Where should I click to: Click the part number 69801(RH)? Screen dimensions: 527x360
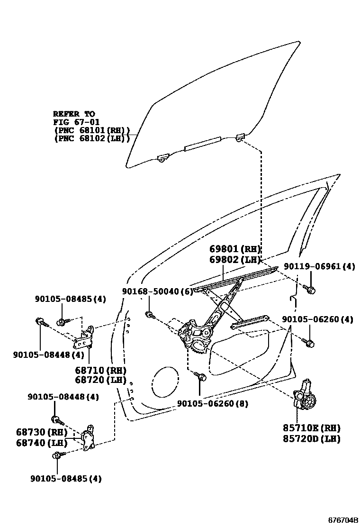235,249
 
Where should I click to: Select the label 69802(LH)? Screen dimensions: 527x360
235,259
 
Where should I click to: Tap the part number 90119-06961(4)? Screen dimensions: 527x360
319,267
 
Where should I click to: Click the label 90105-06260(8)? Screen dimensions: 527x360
213,404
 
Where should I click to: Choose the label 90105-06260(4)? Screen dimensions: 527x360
317,320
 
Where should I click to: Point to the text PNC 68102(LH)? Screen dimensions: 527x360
92,138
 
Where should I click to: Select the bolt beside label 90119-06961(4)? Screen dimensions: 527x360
311,289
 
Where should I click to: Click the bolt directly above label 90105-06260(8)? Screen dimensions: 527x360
201,377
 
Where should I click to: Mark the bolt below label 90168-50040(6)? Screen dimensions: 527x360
149,314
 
